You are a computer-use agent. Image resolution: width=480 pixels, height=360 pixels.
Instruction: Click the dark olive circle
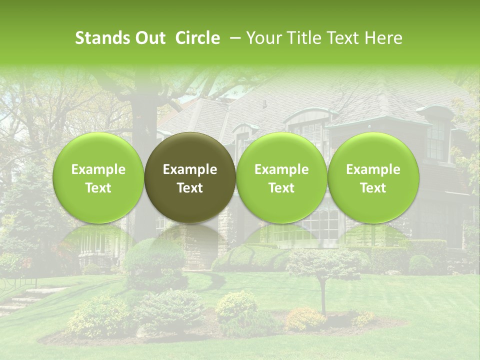[190, 178]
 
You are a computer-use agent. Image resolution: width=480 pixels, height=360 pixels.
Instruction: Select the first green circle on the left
[98, 178]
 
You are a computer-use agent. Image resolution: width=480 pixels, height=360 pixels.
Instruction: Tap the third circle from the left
[281, 178]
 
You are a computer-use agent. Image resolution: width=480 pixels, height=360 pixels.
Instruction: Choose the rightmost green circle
[373, 178]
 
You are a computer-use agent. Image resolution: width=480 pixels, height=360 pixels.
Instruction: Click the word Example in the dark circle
[190, 169]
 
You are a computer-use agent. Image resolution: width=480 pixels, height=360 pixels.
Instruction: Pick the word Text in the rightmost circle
[373, 188]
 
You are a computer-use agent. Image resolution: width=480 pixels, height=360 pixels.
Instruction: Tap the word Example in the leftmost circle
[98, 169]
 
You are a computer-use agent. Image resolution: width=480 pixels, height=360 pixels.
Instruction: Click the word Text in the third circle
[281, 188]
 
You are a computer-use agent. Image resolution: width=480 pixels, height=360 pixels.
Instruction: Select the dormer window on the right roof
[435, 137]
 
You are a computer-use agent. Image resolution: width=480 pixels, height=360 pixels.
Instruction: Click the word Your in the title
[263, 38]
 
